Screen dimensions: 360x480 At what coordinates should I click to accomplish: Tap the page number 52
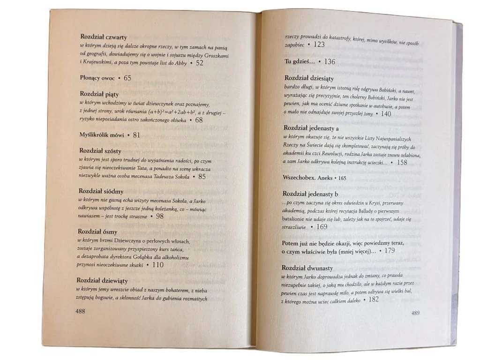click(x=199, y=63)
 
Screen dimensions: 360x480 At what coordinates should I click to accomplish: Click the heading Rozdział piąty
click(x=99, y=94)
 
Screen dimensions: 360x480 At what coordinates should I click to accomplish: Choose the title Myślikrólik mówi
click(x=102, y=135)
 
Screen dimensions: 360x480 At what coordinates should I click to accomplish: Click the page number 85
click(x=202, y=177)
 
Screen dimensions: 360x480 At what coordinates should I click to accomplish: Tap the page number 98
click(x=159, y=216)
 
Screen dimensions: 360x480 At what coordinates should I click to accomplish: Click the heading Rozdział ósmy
click(x=99, y=232)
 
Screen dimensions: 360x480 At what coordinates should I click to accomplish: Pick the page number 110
click(x=158, y=265)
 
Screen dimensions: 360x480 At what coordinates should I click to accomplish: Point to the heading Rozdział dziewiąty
click(x=104, y=280)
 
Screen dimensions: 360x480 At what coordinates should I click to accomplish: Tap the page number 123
click(x=319, y=45)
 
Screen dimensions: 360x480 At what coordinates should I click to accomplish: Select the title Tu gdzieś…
click(x=300, y=61)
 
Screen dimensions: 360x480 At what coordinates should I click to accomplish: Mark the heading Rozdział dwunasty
click(x=307, y=268)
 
